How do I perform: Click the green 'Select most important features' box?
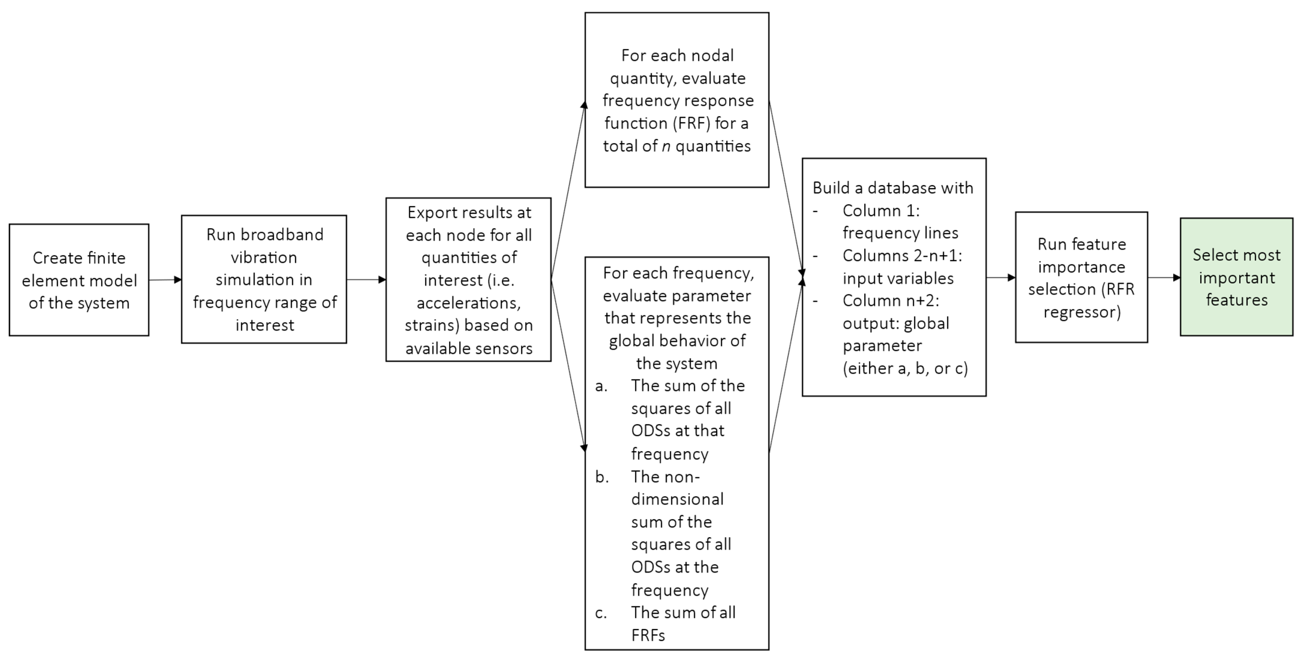[1236, 277]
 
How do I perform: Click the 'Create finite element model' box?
[79, 280]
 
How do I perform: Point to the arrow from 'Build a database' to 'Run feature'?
[1000, 277]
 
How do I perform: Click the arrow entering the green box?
[1164, 277]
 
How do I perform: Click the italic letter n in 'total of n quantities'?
[666, 146]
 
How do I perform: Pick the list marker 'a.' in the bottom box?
[601, 386]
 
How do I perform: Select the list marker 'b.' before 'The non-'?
[602, 477]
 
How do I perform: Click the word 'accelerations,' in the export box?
[468, 303]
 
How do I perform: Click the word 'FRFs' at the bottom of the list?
[648, 635]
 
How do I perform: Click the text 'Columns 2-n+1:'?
[902, 256]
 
